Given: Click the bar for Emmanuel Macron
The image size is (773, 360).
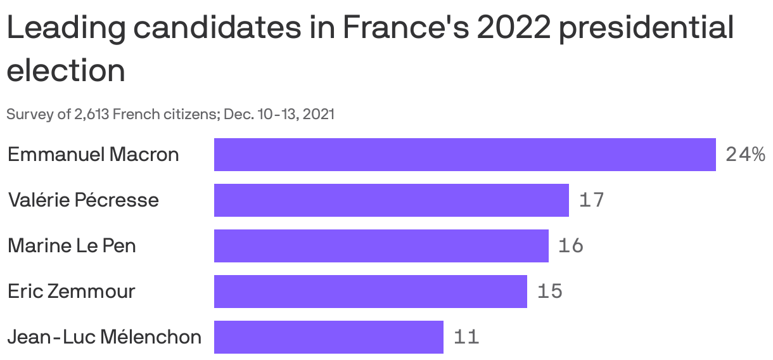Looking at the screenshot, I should (464, 155).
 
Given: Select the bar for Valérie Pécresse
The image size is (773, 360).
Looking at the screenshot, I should (391, 200).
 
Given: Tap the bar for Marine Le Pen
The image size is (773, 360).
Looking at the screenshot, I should (381, 246).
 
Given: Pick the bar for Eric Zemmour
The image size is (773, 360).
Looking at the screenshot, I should (370, 292).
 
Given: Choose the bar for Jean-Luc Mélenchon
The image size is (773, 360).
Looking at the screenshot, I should (328, 337).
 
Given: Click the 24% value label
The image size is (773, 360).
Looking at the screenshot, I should (745, 155).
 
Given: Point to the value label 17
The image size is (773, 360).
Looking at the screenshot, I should (591, 200).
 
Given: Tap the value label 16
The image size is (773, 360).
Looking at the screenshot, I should (570, 246).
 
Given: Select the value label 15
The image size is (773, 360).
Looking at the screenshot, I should (549, 292).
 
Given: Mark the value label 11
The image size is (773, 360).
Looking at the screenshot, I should (466, 337).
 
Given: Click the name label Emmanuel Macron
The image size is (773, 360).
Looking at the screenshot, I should (93, 155).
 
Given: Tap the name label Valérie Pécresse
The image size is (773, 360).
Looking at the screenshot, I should (83, 200).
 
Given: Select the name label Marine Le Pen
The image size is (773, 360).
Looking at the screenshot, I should (72, 246).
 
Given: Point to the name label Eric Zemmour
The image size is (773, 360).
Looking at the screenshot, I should (71, 292).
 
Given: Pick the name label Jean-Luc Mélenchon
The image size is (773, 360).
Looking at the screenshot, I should (105, 337).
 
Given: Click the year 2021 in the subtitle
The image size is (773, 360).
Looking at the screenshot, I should (320, 115).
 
